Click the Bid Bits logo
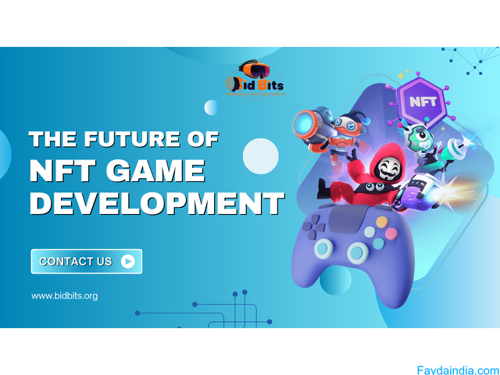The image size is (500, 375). [x=255, y=77]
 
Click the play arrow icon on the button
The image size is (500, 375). [x=127, y=262]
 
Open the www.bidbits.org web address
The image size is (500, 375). [x=65, y=296]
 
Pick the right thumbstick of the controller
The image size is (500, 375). [x=359, y=252]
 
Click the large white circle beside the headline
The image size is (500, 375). [x=261, y=155]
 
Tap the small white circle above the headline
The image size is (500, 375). [x=211, y=108]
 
